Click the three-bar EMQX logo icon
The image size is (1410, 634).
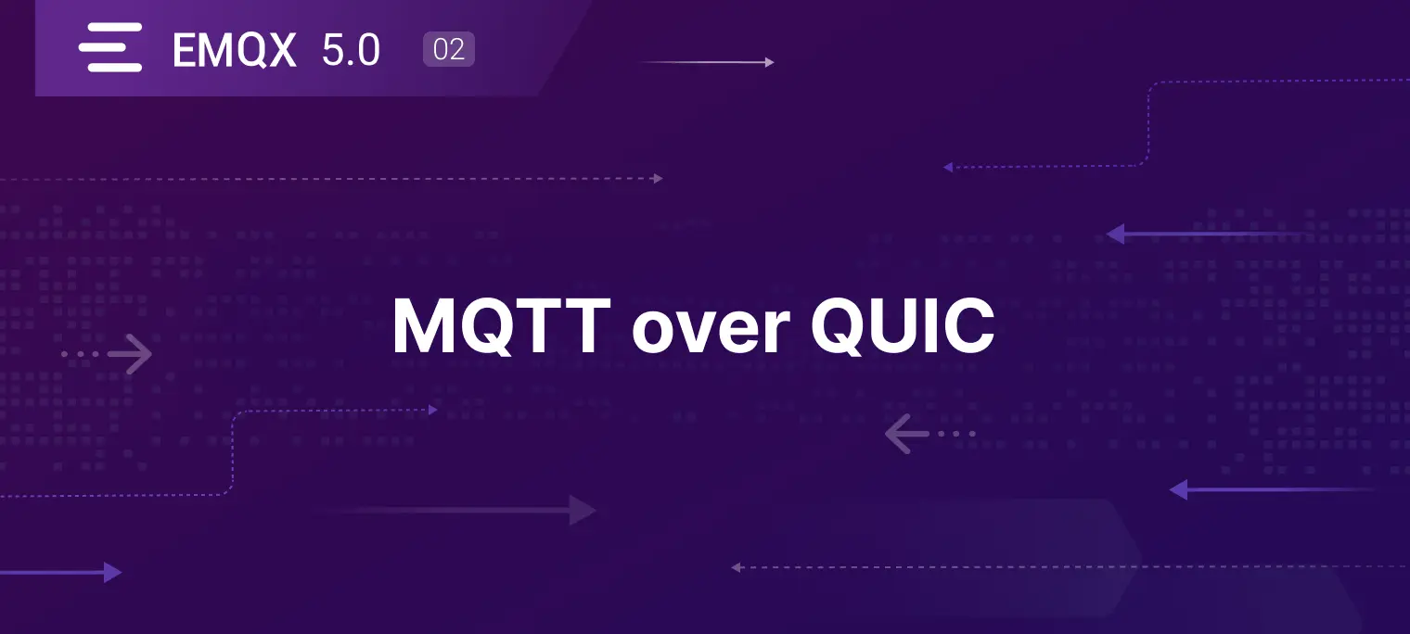point(110,47)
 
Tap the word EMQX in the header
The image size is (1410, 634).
point(234,50)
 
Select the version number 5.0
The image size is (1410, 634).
point(352,50)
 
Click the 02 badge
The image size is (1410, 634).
point(449,49)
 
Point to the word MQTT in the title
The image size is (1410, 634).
point(501,326)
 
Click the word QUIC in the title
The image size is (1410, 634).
point(903,326)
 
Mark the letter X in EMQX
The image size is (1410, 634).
point(278,50)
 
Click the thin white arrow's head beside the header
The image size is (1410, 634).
point(770,61)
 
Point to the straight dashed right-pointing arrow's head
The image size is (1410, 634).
point(659,179)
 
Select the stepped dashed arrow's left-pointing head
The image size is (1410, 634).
point(948,167)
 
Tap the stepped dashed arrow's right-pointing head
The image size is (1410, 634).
point(433,410)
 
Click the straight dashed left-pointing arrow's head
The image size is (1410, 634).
point(736,567)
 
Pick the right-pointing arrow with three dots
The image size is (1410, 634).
point(108,354)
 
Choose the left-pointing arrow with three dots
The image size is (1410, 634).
point(929,434)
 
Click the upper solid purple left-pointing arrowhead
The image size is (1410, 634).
point(1116,234)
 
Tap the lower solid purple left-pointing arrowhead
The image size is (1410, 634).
point(1179,490)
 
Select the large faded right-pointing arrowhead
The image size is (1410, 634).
point(583,510)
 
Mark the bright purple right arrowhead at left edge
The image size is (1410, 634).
point(112,573)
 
